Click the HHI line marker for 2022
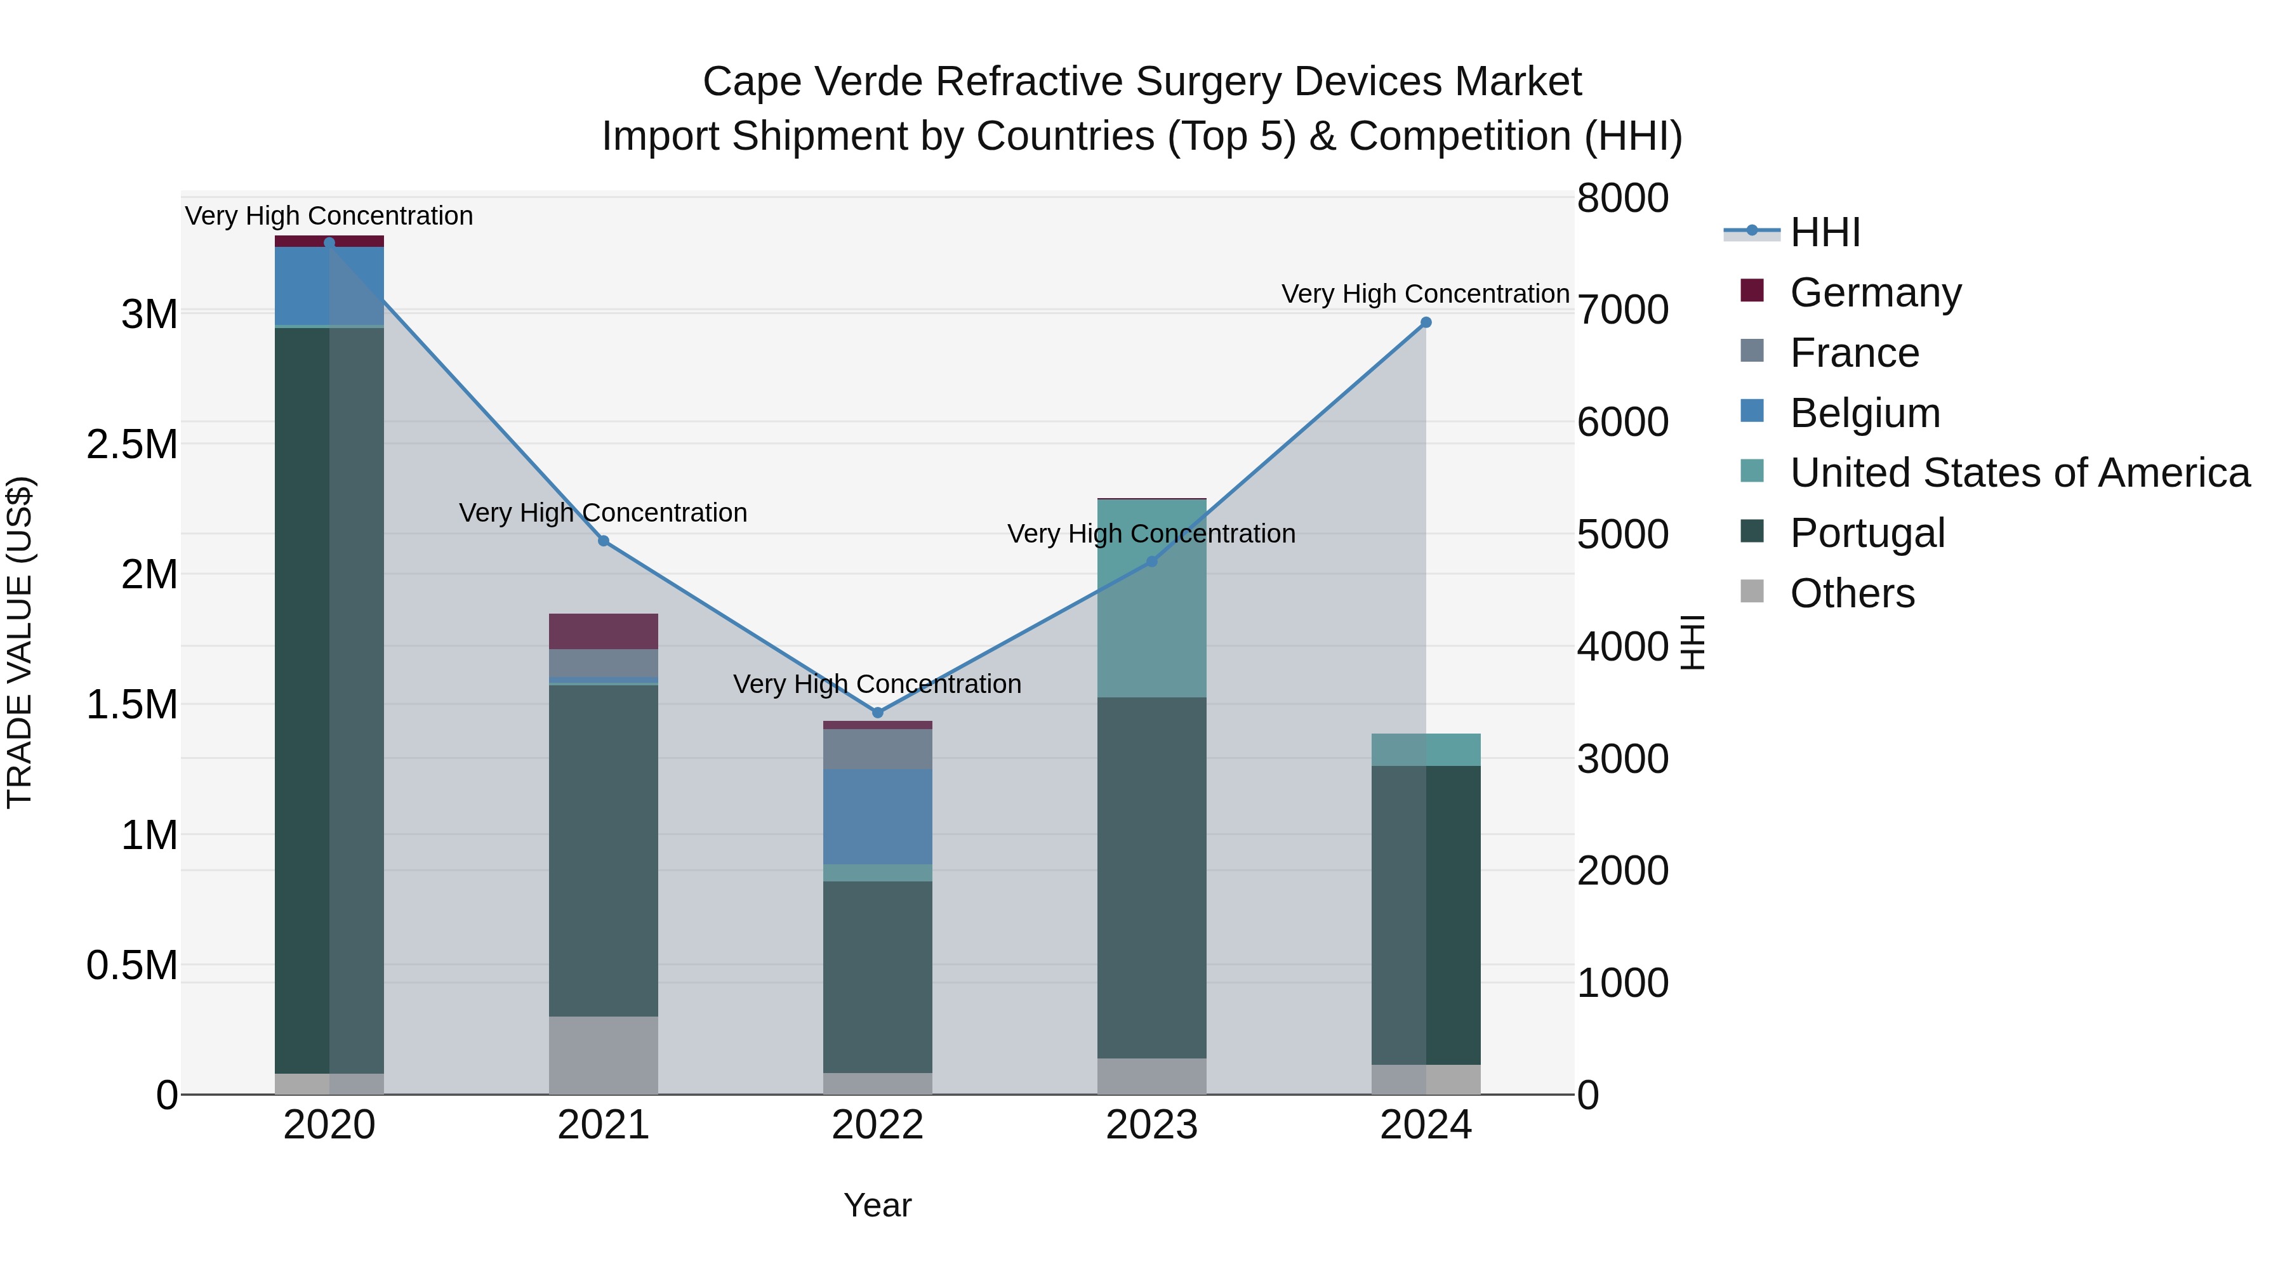tap(877, 712)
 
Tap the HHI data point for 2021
tap(603, 541)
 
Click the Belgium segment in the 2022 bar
tap(877, 816)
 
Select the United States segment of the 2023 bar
tap(1151, 598)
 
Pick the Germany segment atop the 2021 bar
tap(603, 631)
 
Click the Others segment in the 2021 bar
tap(603, 1055)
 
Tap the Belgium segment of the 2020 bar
tap(329, 286)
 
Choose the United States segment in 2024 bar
tap(1426, 749)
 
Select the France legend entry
tap(1854, 353)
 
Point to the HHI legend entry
tap(1825, 232)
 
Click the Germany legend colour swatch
tap(1752, 291)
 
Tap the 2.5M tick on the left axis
tap(131, 444)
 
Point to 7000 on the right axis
tap(1622, 310)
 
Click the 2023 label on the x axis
tap(1151, 1125)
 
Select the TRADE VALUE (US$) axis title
tap(20, 642)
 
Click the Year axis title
tap(877, 1205)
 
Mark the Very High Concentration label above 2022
tap(877, 683)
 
